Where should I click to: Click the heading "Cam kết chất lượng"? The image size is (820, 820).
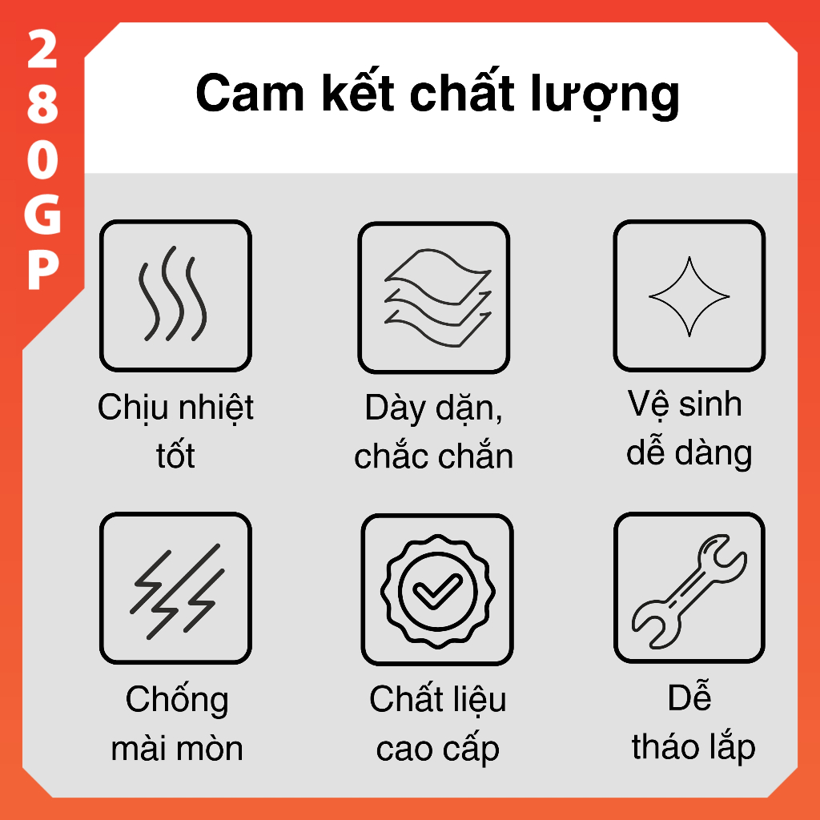[437, 94]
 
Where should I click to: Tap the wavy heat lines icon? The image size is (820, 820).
[172, 294]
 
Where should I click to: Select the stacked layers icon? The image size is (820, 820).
[438, 298]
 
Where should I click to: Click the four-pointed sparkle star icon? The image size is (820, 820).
[689, 296]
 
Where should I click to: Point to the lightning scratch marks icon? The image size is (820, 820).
[177, 591]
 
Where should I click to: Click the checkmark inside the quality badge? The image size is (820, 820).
[437, 592]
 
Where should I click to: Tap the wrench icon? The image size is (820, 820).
[689, 591]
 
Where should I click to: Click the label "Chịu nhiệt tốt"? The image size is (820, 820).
[175, 431]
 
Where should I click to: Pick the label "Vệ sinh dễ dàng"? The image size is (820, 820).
[689, 428]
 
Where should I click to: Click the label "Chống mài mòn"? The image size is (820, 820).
[177, 724]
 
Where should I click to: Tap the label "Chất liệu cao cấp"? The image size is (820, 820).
[438, 724]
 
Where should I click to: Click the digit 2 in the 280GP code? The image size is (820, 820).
[42, 49]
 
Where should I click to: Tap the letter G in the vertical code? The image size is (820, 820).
[42, 213]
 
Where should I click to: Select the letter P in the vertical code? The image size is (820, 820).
[43, 269]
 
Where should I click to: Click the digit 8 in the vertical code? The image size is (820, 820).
[42, 104]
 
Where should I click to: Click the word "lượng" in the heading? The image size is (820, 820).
[605, 97]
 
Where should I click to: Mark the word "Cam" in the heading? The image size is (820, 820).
[250, 93]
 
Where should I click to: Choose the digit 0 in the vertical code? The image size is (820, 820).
[42, 159]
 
